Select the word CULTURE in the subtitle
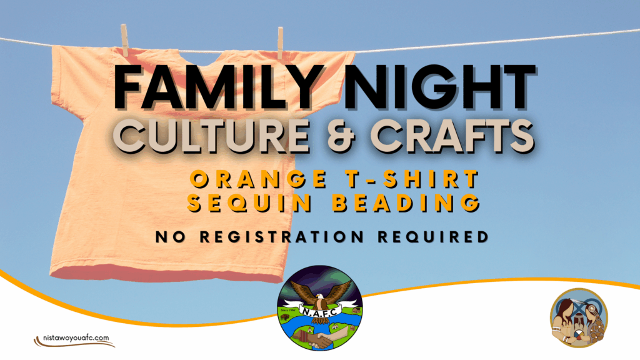pyautogui.click(x=211, y=135)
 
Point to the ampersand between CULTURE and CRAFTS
pyautogui.click(x=341, y=135)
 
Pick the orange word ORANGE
pyautogui.click(x=259, y=179)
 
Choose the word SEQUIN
pyautogui.click(x=249, y=202)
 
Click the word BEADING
pyautogui.click(x=406, y=202)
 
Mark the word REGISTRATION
pyautogui.click(x=282, y=237)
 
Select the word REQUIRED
pyautogui.click(x=433, y=237)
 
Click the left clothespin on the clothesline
pyautogui.click(x=124, y=40)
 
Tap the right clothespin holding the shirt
pyautogui.click(x=281, y=43)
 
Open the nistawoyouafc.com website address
pyautogui.click(x=76, y=338)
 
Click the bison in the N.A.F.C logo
pyautogui.click(x=284, y=317)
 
